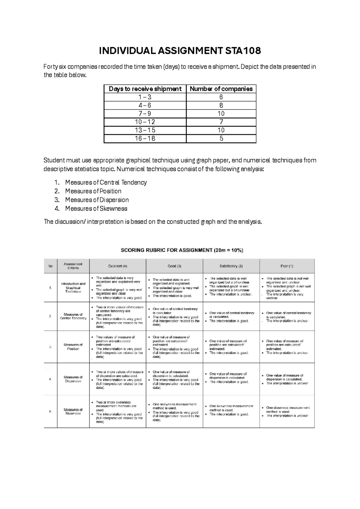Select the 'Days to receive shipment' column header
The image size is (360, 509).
pos(145,89)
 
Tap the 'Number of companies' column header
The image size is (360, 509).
pos(221,89)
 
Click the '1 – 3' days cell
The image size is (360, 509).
pos(145,97)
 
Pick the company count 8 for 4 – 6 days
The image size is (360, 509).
pos(221,105)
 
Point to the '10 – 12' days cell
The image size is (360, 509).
pos(145,122)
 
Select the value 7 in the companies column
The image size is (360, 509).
pos(221,122)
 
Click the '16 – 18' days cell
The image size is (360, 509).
pos(145,138)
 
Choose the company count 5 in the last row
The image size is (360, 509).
pos(221,138)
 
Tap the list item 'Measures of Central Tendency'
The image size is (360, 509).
pos(106,182)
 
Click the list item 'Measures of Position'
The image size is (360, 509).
pos(93,191)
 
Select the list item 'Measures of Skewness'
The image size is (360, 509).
pos(96,209)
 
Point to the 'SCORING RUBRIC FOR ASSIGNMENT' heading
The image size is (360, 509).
pos(182,250)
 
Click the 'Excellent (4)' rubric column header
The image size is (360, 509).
pos(118,266)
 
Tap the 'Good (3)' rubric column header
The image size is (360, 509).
pos(174,266)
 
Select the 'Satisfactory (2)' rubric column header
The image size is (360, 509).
pos(231,266)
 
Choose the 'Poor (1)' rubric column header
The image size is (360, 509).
pos(287,266)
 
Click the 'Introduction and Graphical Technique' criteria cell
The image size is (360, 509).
pos(73,288)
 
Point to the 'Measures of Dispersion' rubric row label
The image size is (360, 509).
pos(73,379)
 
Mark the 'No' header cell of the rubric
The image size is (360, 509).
pos(50,266)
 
